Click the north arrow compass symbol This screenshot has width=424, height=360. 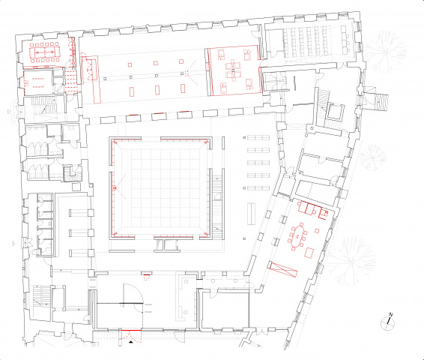[x=387, y=322]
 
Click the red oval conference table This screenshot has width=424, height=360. [x=297, y=236]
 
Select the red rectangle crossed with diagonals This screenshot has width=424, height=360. [x=283, y=269]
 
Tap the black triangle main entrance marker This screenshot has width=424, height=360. [x=131, y=343]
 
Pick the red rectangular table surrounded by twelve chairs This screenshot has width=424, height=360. [x=45, y=52]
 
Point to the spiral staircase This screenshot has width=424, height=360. [x=72, y=173]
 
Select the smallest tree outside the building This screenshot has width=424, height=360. [x=372, y=157]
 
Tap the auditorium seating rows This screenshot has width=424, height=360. [x=306, y=40]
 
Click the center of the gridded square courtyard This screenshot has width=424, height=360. [x=160, y=187]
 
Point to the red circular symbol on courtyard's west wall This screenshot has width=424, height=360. [x=114, y=187]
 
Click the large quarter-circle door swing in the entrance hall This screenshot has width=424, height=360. [x=133, y=294]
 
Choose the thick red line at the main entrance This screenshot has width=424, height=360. [x=131, y=331]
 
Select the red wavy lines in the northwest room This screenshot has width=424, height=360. [x=38, y=82]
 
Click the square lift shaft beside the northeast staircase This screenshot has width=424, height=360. [x=335, y=112]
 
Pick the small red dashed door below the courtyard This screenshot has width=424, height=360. [x=147, y=277]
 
